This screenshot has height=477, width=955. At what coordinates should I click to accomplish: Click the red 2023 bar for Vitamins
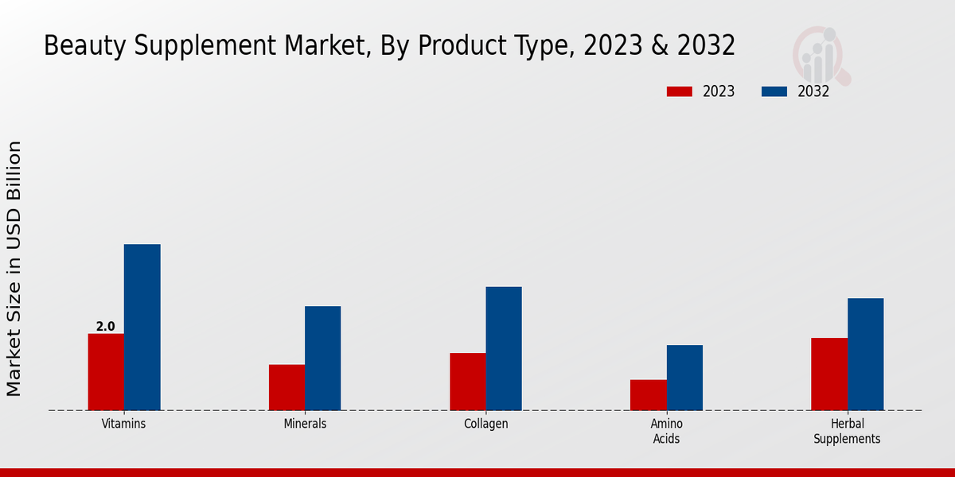coord(106,372)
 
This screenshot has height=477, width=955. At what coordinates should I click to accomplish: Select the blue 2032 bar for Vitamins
coord(142,328)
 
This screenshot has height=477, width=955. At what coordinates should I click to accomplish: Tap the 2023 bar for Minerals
coord(286,387)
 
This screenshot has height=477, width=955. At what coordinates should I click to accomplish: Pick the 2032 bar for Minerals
coord(322,359)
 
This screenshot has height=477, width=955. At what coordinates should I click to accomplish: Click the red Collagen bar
coord(467,382)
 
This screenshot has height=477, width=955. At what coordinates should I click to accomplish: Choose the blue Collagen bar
coord(504,348)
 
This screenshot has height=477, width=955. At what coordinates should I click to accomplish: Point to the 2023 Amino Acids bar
coord(648,395)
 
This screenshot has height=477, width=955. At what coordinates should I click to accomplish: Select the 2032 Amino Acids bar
coord(684,378)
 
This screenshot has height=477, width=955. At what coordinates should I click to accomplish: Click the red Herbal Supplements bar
coord(829,374)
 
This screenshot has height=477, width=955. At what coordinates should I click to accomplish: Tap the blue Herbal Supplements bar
coord(865,355)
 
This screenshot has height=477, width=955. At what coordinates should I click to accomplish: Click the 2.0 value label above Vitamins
coord(106,327)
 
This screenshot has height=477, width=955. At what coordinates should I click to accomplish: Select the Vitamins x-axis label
coord(124,424)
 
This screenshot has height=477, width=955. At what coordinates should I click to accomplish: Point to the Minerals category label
coord(305,424)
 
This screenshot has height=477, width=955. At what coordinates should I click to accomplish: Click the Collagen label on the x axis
coord(485,424)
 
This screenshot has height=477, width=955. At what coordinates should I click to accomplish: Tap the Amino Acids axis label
coord(666,431)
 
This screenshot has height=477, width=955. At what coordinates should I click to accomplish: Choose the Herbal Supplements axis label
coord(847,431)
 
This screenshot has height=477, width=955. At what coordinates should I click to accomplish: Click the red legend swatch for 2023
coord(680,91)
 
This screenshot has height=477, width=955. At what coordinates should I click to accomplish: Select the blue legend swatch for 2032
coord(774,91)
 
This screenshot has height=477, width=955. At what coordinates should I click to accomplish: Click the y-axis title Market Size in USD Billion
coord(14,269)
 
